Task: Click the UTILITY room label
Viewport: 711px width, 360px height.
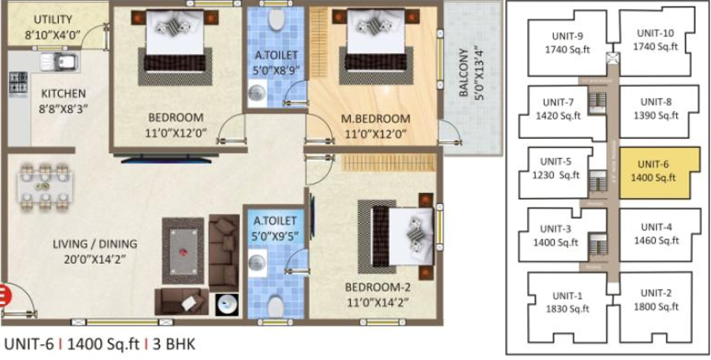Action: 53,19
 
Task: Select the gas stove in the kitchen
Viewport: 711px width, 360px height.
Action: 18,84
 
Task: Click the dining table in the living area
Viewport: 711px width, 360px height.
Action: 45,186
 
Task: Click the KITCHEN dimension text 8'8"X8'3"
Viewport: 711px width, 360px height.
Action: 63,109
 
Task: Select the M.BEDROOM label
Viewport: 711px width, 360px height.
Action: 375,119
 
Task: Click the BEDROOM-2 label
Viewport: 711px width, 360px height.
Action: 377,287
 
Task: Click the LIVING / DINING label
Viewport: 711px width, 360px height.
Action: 95,244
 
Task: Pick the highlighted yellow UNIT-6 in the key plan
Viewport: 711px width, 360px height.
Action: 654,172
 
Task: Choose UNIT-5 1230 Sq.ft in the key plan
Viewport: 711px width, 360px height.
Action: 556,168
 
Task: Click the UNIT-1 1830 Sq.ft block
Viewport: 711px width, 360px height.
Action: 567,302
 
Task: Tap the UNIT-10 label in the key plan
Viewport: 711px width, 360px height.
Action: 655,33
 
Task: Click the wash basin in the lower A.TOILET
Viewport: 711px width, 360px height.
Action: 257,263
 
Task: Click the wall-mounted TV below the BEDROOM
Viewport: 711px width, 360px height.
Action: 166,160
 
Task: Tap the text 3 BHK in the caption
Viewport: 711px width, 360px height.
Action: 174,344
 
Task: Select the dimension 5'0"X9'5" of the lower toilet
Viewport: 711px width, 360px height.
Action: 275,236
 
